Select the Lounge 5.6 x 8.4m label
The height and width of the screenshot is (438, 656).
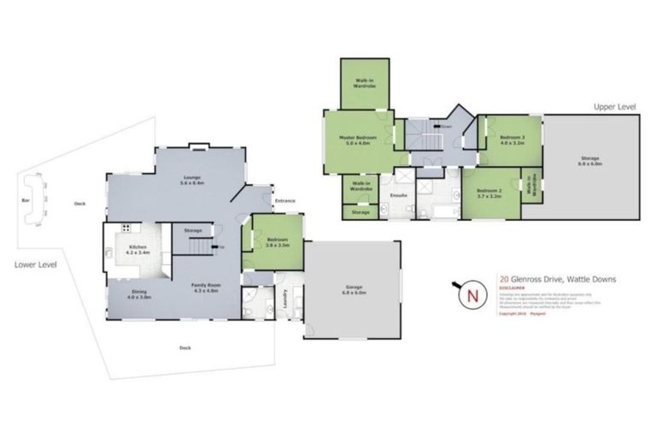190,181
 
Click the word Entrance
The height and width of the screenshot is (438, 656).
284,201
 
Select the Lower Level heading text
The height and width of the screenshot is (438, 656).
35,264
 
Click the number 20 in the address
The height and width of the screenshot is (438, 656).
504,279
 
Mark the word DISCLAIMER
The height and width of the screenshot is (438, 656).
512,288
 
